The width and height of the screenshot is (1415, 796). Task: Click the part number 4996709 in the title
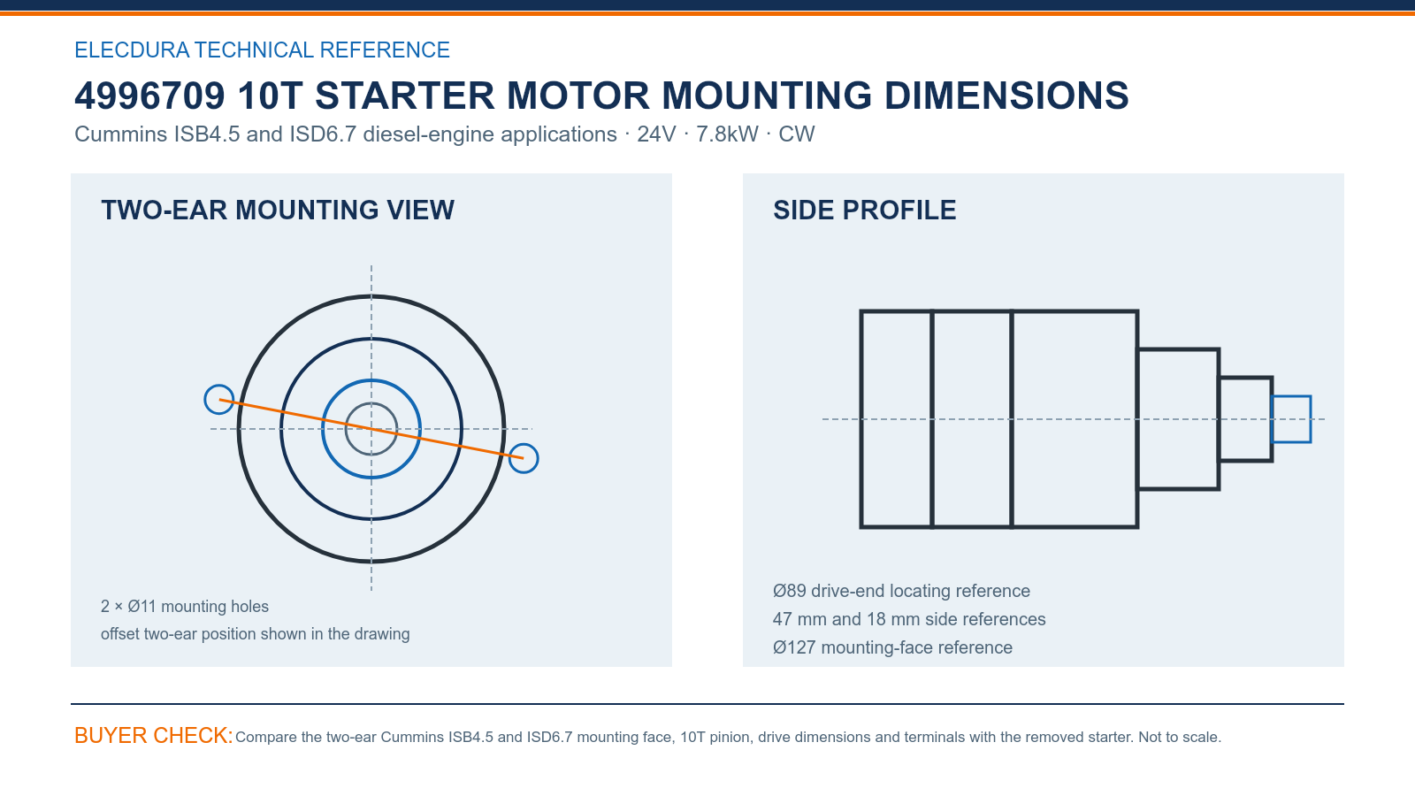149,96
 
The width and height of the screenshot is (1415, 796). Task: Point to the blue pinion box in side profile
1291,397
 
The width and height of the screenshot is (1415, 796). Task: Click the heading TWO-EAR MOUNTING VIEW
278,210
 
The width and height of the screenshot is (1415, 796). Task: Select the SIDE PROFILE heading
864,210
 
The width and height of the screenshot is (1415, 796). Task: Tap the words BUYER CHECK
154,735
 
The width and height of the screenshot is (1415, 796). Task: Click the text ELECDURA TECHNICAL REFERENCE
262,50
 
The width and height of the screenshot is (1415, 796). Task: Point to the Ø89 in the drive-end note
790,591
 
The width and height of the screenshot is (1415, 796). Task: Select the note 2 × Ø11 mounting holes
185,607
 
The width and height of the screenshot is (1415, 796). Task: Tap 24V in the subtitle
656,134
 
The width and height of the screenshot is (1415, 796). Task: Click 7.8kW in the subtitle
727,134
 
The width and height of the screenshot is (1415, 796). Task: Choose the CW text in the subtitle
797,134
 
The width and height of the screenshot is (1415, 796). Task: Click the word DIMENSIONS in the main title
1006,96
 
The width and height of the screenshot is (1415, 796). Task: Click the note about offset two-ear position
256,633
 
